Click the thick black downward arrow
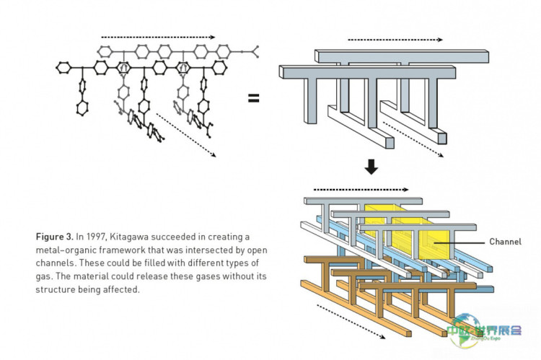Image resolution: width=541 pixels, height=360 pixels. (x=371, y=167)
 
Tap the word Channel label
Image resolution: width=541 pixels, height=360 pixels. (x=505, y=242)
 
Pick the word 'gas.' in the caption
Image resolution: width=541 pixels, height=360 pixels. (x=45, y=276)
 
